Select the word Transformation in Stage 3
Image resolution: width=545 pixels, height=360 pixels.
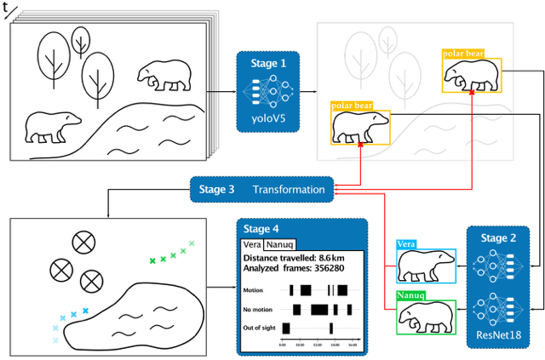[x=288, y=189]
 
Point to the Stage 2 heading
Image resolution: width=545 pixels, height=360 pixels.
[x=499, y=241]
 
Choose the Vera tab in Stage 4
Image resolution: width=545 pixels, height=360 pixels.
[x=252, y=244]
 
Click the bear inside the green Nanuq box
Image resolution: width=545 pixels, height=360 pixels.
[x=426, y=317]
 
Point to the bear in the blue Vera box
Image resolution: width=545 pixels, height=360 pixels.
[x=426, y=265]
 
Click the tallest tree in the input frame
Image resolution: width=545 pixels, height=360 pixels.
[x=55, y=60]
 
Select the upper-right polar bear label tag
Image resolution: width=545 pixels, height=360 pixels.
[x=464, y=54]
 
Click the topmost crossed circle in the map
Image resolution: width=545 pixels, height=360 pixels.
[x=83, y=243]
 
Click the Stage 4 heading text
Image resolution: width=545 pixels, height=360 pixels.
[x=261, y=229]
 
